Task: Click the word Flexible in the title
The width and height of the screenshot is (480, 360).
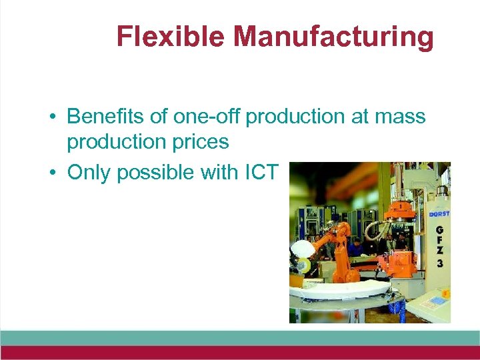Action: coord(170,37)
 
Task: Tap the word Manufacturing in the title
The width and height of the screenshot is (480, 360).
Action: coord(333,37)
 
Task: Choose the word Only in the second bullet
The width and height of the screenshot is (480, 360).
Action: coord(91,172)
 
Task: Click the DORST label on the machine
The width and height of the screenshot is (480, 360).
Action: coord(439,214)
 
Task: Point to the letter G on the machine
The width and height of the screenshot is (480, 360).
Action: coord(439,230)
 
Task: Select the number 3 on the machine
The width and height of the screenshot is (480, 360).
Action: coord(439,263)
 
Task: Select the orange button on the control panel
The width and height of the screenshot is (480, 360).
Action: coord(447,292)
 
